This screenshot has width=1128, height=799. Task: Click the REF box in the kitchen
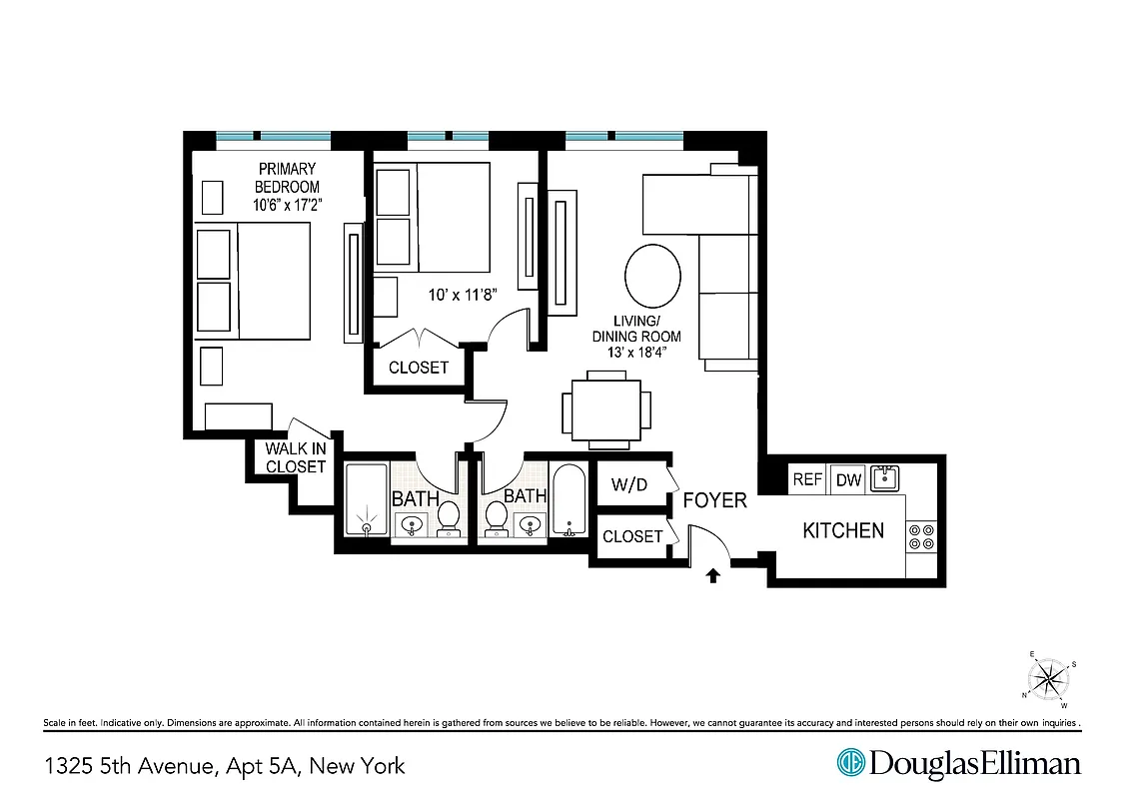coord(807,479)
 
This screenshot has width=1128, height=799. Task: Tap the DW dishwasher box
coord(848,479)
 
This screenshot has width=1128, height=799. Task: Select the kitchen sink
coord(884,478)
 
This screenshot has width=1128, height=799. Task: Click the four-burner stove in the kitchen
coord(922,537)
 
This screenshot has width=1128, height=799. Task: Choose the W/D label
coord(629,486)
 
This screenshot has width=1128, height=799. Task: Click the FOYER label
coord(714,499)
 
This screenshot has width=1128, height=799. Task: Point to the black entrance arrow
coord(713,575)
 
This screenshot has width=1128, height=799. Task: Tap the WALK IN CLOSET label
coord(295,458)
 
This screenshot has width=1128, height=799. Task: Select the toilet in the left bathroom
coord(449,516)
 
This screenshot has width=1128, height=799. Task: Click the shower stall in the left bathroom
coord(367,501)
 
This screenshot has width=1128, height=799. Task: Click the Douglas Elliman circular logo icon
coord(850,764)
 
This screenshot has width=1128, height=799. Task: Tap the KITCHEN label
coord(843,530)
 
